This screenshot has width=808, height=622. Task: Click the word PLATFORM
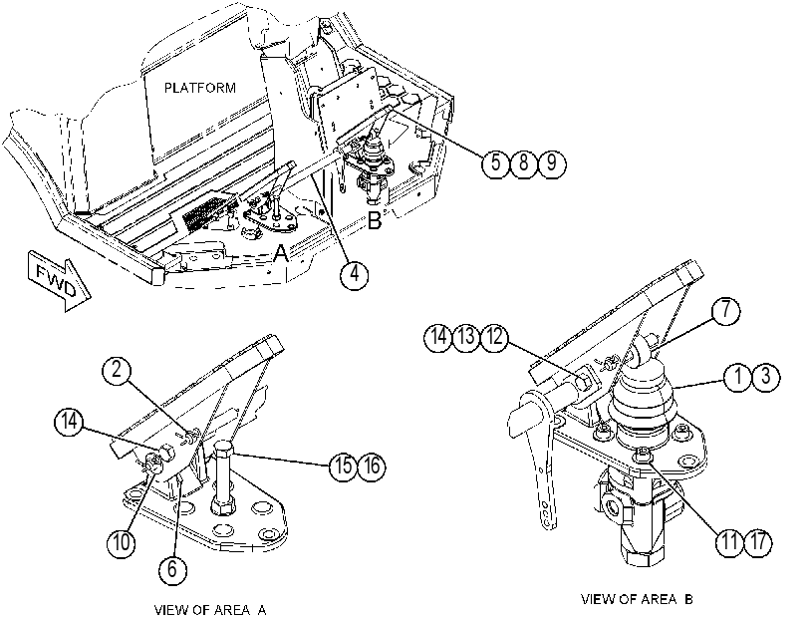(200, 88)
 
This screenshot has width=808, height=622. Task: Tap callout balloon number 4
(354, 274)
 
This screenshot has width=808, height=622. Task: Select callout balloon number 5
(496, 163)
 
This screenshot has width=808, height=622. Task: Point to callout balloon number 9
(551, 163)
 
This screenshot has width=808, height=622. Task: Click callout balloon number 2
(117, 370)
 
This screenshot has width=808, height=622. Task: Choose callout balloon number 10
(122, 542)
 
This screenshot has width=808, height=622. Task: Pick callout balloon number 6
(172, 569)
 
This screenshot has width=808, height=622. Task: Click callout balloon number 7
(725, 310)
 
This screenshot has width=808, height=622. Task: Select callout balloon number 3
(766, 377)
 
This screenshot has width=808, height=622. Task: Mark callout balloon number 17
(758, 542)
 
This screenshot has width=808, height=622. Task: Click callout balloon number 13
(466, 337)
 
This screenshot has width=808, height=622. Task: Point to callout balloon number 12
(494, 337)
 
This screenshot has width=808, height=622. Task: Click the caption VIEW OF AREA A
(210, 610)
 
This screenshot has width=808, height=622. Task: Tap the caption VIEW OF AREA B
(637, 599)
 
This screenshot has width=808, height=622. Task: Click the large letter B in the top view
(375, 220)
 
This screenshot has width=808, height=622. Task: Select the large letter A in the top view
(280, 253)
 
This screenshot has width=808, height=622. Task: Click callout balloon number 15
(344, 466)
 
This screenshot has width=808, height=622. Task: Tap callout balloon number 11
(729, 542)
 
